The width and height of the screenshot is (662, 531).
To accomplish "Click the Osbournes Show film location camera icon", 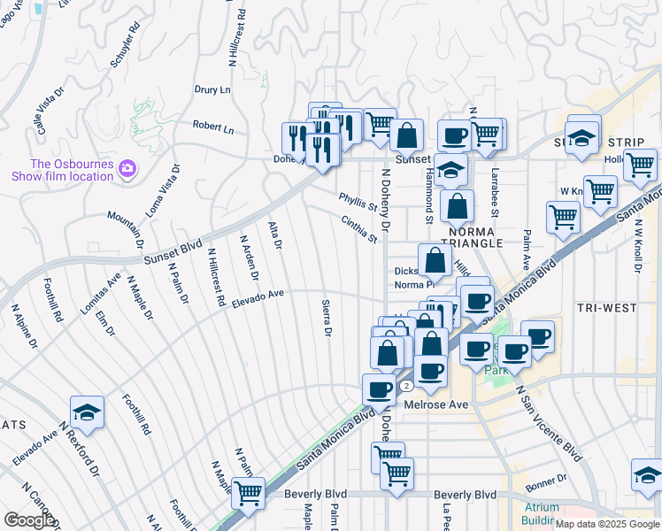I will coord(129,168).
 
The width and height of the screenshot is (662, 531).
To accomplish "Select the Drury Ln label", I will coord(212,90).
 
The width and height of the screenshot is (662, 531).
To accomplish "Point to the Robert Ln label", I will coord(213,127).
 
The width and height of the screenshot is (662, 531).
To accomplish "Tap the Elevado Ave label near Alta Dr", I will coord(257,298).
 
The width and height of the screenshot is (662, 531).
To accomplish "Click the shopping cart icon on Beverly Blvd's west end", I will coord(249,492).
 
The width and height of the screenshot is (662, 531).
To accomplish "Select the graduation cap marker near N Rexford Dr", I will coord(87,413).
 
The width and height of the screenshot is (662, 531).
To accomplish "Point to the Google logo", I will coord(29,520).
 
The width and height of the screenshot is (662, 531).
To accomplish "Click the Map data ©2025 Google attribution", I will coord(607,524).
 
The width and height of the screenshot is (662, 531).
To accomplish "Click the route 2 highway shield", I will coord(405,387).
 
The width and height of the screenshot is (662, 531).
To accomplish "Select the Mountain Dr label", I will coord(127,229).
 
